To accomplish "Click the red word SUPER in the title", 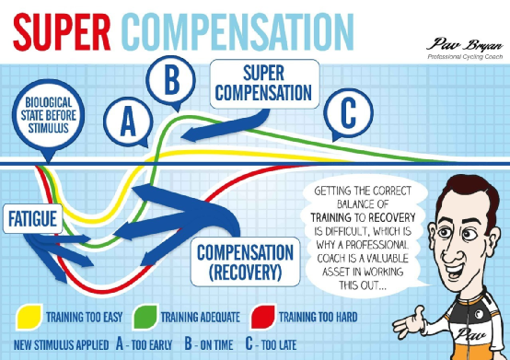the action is pyautogui.click(x=62, y=32).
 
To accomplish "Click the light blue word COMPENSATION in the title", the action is pyautogui.click(x=239, y=32).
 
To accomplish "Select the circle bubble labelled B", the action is pyautogui.click(x=170, y=80).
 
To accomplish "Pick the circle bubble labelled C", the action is pyautogui.click(x=348, y=113).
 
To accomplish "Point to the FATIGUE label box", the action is pyautogui.click(x=32, y=218).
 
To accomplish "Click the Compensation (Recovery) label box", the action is pyautogui.click(x=245, y=262).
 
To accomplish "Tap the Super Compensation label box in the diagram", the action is pyautogui.click(x=264, y=84).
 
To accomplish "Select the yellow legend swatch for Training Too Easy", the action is pyautogui.click(x=29, y=317).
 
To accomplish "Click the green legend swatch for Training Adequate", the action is pyautogui.click(x=145, y=317).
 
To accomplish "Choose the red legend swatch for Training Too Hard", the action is pyautogui.click(x=262, y=317).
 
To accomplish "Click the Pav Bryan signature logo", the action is pyautogui.click(x=465, y=45).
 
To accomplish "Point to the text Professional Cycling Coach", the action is pyautogui.click(x=465, y=57).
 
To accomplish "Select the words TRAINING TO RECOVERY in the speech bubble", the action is pyautogui.click(x=363, y=217).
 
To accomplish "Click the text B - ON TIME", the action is pyautogui.click(x=209, y=344).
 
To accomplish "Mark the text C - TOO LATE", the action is pyautogui.click(x=271, y=344).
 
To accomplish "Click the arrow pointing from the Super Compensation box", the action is pyautogui.click(x=227, y=126).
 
